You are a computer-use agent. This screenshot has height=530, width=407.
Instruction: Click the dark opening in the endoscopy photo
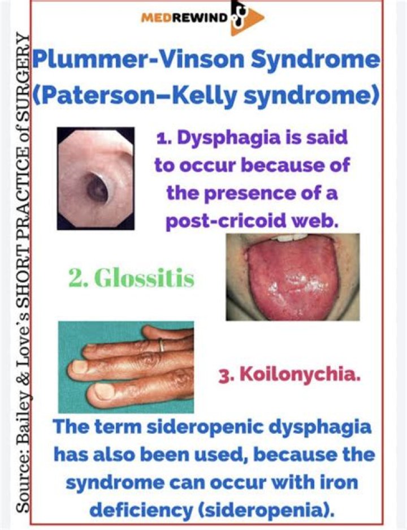tap(97, 190)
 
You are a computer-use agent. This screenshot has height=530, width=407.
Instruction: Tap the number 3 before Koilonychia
tap(223, 375)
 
